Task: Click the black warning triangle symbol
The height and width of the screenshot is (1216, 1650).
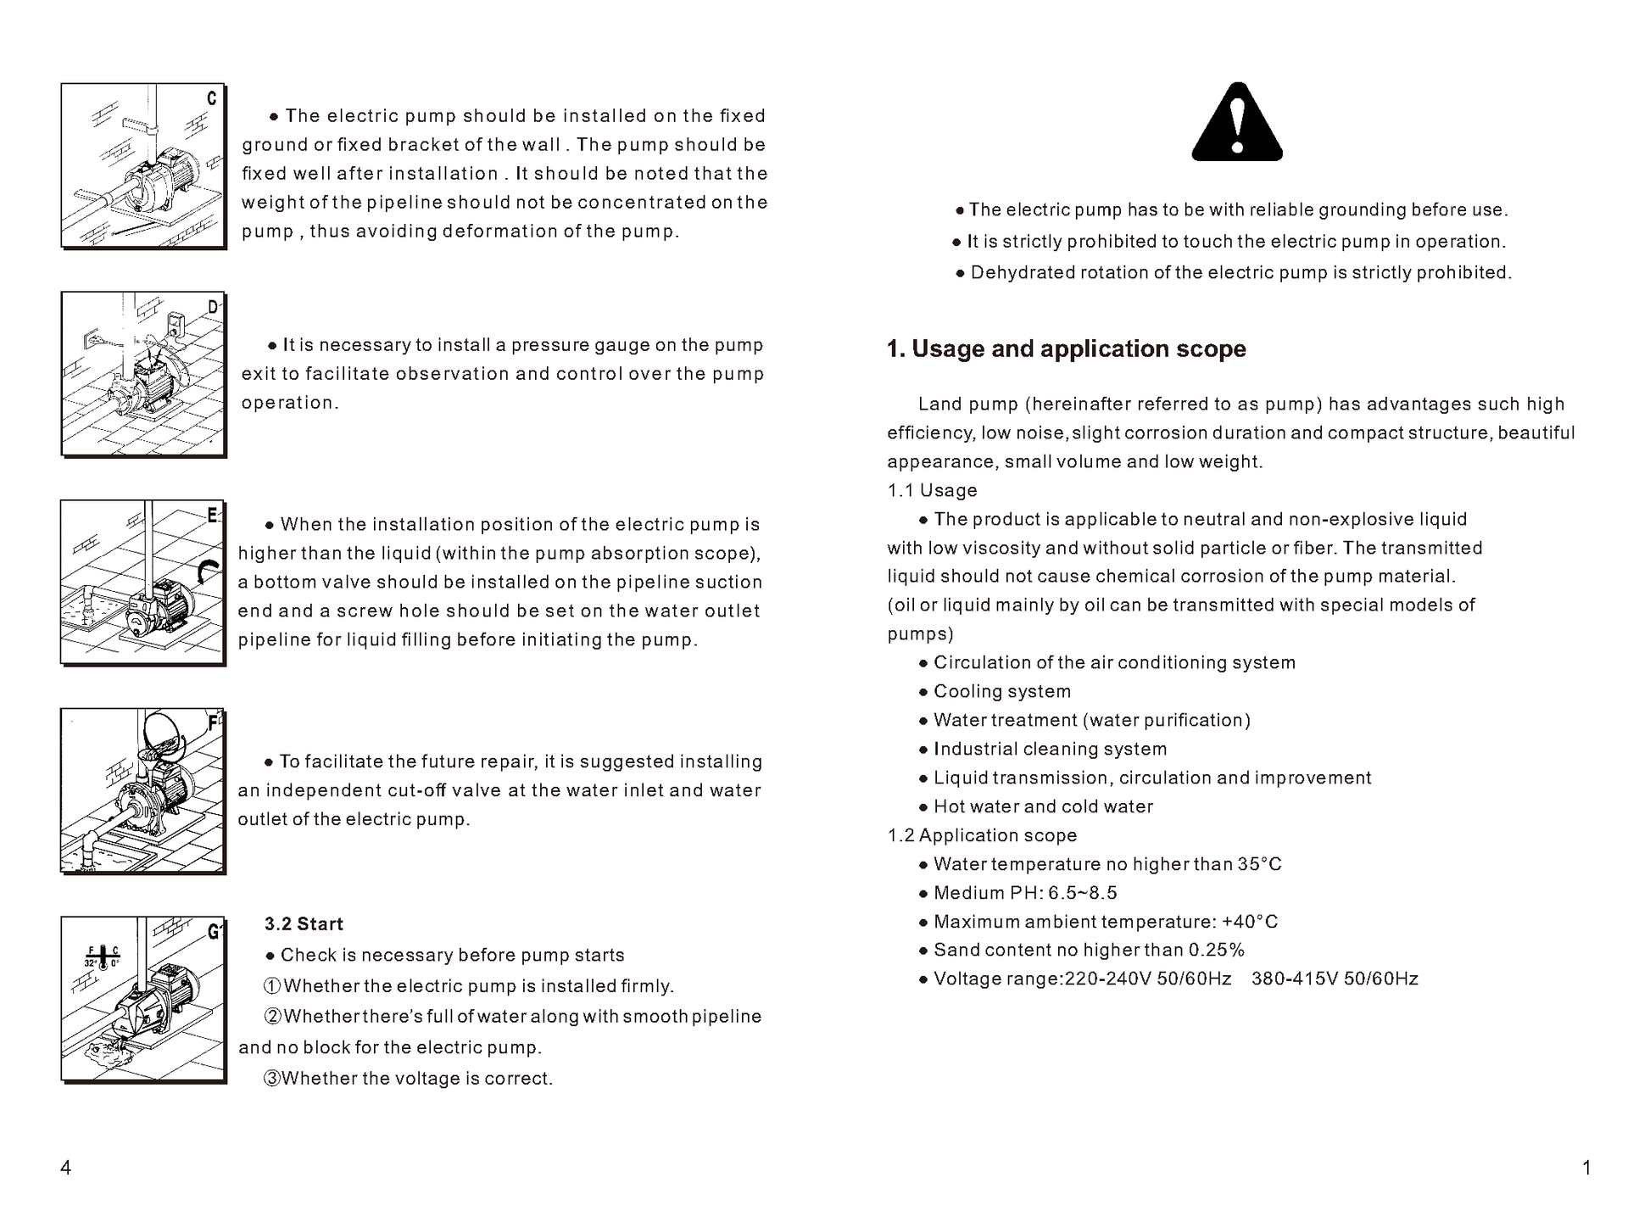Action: [x=1237, y=124]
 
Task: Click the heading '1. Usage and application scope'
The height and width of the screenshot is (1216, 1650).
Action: [x=1066, y=349]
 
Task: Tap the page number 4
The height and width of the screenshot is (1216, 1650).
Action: [x=65, y=1168]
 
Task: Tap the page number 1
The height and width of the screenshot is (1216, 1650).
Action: [x=1586, y=1168]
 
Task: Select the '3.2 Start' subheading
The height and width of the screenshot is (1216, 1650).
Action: [x=304, y=923]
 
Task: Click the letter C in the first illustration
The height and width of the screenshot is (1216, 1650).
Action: [x=212, y=98]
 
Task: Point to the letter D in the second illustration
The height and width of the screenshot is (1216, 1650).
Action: [x=213, y=307]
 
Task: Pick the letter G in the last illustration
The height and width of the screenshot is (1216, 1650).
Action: [x=214, y=932]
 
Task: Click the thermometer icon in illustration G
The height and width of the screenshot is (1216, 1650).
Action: [x=103, y=956]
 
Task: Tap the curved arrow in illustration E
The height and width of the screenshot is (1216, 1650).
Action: [x=207, y=572]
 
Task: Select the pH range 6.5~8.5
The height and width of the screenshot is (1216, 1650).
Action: [x=1083, y=893]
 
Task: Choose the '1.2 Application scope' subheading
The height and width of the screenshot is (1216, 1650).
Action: [x=982, y=835]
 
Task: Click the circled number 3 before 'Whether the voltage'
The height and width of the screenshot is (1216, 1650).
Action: [x=272, y=1079]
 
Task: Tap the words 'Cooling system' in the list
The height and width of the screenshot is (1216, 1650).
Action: [x=1002, y=691]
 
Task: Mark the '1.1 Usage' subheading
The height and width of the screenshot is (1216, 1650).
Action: [x=932, y=490]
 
